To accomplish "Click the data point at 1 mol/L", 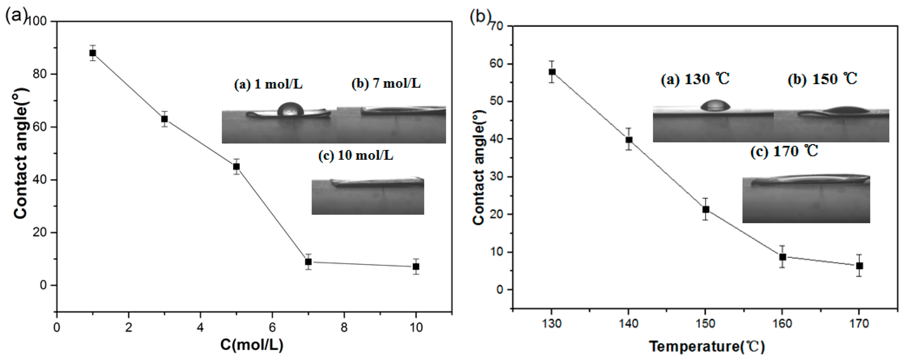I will tap(93, 53).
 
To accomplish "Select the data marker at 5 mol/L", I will tap(236, 166).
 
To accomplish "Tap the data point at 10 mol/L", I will tap(416, 267).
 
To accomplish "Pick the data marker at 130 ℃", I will tap(552, 72).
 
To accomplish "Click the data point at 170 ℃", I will tap(859, 266).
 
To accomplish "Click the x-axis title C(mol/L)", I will tap(252, 345).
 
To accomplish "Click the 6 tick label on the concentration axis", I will tap(272, 328).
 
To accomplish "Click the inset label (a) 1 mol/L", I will tap(268, 85).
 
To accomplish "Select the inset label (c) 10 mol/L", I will tap(356, 156).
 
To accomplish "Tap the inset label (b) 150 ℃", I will tap(822, 79).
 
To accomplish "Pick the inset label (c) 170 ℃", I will tap(784, 152).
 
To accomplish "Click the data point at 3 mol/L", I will tap(164, 119).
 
